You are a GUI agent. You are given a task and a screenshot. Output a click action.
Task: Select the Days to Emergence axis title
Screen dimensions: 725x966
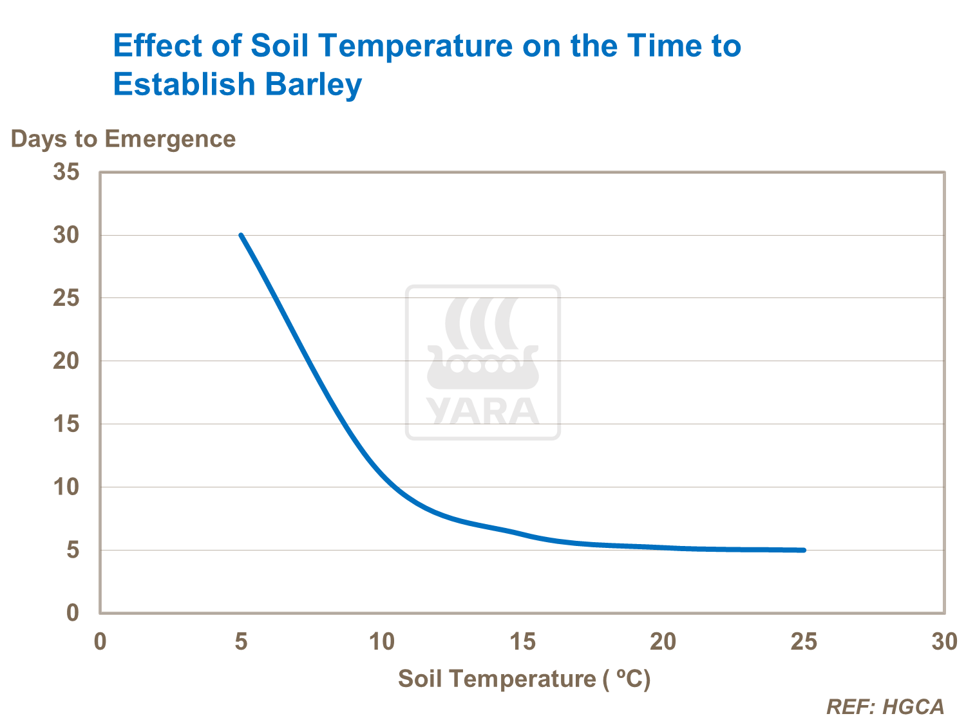123,139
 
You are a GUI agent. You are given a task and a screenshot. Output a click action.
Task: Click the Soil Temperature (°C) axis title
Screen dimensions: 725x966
524,679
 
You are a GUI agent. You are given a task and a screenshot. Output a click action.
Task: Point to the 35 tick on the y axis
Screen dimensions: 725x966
66,172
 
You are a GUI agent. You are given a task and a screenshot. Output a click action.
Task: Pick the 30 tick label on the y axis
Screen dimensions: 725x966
66,235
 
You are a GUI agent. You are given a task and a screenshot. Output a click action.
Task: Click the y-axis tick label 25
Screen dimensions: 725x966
66,298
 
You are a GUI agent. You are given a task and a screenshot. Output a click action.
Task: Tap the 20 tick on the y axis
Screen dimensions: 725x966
66,361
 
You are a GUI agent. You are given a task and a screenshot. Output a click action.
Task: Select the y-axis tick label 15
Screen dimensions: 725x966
66,424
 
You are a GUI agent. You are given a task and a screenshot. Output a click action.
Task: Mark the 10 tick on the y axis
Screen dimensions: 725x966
66,487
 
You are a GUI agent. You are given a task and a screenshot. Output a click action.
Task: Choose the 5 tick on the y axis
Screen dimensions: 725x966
73,550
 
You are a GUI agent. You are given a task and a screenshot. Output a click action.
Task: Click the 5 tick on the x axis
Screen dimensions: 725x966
241,641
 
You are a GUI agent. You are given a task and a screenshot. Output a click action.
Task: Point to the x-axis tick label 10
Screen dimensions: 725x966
381,641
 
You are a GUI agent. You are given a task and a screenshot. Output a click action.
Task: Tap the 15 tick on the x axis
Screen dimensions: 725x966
522,641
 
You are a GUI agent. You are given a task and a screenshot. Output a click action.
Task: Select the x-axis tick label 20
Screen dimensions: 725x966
663,641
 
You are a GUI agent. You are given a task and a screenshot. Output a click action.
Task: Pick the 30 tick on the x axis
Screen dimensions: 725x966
944,641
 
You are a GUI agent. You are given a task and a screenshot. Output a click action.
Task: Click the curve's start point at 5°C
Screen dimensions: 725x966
241,235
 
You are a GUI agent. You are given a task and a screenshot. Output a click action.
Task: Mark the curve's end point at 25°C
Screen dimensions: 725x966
804,550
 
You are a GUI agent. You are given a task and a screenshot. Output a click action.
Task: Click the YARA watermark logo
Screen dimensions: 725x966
483,362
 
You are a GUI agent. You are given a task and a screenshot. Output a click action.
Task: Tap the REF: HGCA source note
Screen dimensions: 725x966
885,707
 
